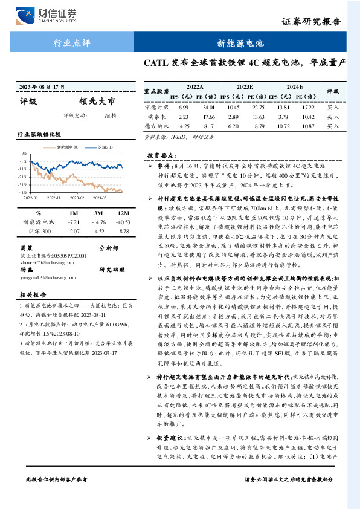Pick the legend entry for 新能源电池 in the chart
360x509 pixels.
click(65, 147)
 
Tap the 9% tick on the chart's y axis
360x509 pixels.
click(24, 153)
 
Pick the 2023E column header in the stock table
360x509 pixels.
click(245, 87)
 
